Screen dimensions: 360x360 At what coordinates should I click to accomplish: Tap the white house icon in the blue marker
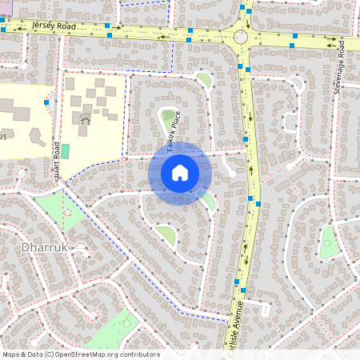180,173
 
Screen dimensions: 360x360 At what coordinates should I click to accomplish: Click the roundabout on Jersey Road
241,37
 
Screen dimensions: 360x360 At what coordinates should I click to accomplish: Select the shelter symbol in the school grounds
85,120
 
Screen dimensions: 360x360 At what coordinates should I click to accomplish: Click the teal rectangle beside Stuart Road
66,150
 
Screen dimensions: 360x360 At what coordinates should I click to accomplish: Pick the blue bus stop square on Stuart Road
47,103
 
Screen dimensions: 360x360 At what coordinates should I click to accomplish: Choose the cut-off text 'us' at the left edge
3,137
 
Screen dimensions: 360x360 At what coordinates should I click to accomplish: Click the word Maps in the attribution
12,354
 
